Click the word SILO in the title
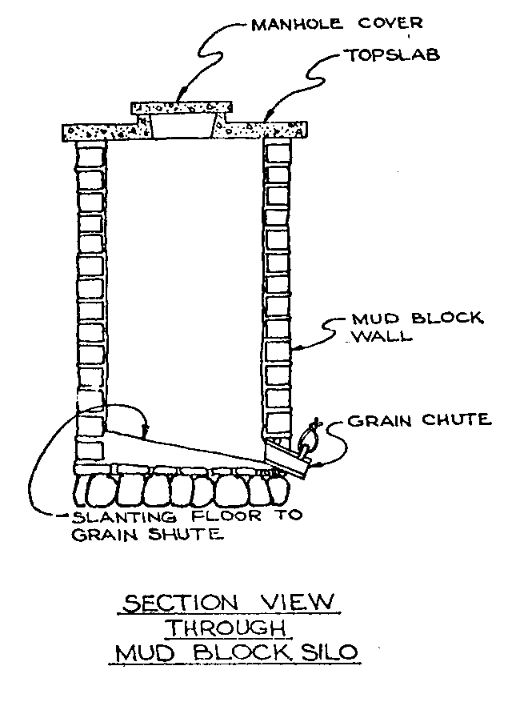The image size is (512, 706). pyautogui.click(x=330, y=652)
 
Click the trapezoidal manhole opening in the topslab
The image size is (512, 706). pyautogui.click(x=183, y=126)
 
